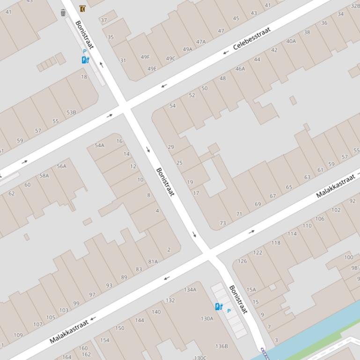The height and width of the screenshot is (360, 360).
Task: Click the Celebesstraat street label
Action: [x=252, y=38]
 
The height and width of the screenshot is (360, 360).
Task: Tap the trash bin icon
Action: [x=63, y=13]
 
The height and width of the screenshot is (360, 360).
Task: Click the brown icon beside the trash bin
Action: [x=82, y=9]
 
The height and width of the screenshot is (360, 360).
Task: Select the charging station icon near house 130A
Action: [x=219, y=307]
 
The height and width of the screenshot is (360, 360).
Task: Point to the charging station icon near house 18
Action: [x=85, y=59]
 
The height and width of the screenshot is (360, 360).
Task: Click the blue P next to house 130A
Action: [x=229, y=311]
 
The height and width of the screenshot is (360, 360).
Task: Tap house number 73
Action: [x=223, y=223]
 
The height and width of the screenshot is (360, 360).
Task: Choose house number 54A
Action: [x=100, y=145]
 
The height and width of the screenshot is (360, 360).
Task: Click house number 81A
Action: [x=153, y=262]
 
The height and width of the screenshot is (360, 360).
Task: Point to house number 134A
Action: [x=190, y=290]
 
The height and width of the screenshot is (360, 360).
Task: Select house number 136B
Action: [x=221, y=346]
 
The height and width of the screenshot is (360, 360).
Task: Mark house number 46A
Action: [x=240, y=69]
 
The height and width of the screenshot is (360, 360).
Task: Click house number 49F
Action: [x=145, y=57]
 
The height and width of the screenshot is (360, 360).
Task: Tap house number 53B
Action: [x=71, y=113]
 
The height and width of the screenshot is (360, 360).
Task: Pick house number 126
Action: [x=242, y=261]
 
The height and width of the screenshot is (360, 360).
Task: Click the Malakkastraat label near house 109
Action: [x=69, y=331]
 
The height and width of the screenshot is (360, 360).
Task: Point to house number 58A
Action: [x=44, y=176]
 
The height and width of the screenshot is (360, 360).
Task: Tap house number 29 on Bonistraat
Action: [x=170, y=147]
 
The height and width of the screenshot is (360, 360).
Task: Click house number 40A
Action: [x=291, y=41]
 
